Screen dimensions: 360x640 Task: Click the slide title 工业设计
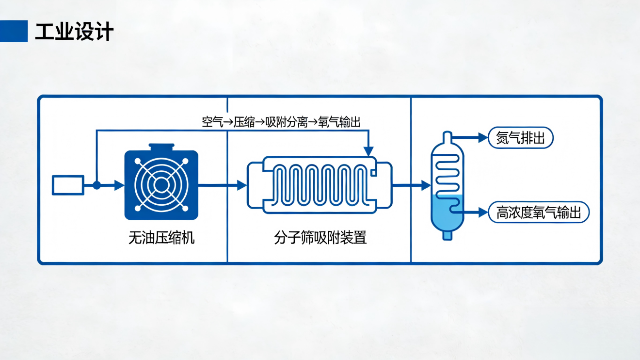click(x=74, y=32)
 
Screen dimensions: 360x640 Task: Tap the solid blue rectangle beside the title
click(x=14, y=31)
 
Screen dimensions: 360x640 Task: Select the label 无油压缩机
click(x=161, y=238)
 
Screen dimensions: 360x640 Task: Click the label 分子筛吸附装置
click(x=320, y=238)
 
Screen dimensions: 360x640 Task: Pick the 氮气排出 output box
click(x=521, y=138)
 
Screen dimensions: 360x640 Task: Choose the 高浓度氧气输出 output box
click(x=538, y=212)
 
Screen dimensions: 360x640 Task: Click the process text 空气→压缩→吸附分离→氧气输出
click(x=281, y=122)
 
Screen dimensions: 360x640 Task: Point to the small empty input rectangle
click(x=68, y=185)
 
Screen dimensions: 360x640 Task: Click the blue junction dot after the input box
click(x=96, y=185)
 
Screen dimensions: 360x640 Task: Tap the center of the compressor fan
click(x=161, y=185)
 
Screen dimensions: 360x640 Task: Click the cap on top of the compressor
click(x=161, y=147)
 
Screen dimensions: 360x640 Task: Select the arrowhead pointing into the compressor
click(x=119, y=185)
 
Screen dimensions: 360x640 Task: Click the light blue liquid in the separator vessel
click(x=447, y=216)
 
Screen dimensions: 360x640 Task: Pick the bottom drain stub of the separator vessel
click(x=447, y=235)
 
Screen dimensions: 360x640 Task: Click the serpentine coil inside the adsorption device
click(x=320, y=185)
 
